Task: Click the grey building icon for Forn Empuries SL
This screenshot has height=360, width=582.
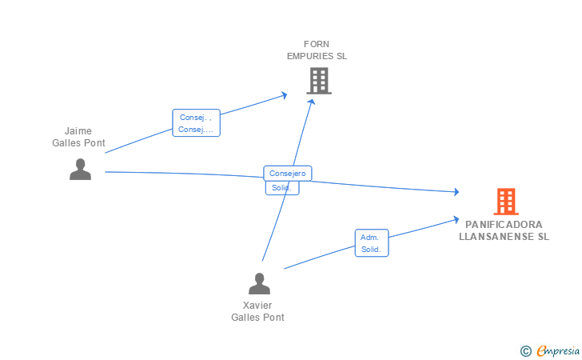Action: (x=318, y=80)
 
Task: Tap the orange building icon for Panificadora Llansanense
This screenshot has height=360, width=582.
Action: (x=505, y=202)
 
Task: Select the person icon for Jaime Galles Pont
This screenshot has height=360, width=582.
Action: (x=80, y=169)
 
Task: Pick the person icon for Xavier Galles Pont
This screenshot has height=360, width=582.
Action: (x=259, y=284)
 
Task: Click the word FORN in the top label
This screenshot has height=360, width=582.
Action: (x=317, y=44)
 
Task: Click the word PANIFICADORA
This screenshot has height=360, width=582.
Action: (x=504, y=225)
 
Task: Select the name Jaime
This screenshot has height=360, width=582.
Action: (x=78, y=131)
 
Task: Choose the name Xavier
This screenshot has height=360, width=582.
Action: (x=257, y=306)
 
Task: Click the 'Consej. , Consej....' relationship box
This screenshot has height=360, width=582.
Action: (x=196, y=123)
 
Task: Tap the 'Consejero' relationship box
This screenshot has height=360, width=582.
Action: (x=287, y=173)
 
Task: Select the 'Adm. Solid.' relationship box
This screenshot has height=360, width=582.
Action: (x=371, y=243)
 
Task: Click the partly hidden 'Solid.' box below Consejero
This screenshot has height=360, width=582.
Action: (x=281, y=188)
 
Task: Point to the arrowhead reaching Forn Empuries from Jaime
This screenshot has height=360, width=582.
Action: (x=284, y=95)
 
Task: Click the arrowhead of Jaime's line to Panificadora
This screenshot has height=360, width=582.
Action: (x=456, y=192)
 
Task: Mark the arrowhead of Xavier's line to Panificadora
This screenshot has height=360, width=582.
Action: (x=455, y=218)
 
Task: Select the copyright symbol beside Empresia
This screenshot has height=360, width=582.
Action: (x=525, y=350)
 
